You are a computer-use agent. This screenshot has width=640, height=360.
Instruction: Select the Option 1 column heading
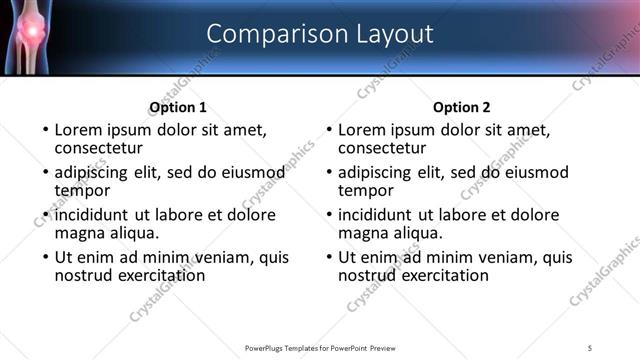click(178, 107)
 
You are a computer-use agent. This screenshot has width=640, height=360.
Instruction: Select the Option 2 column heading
click(461, 107)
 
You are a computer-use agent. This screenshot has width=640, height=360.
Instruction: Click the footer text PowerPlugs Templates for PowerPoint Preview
click(319, 348)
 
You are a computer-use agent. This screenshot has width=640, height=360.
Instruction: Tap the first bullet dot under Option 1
click(44, 130)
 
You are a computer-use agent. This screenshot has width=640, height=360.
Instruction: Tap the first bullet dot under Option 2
click(328, 130)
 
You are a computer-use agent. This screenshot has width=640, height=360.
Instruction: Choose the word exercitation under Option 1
click(159, 275)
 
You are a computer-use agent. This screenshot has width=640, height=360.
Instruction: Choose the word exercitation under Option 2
click(443, 275)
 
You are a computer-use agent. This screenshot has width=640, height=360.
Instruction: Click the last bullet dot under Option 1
click(44, 257)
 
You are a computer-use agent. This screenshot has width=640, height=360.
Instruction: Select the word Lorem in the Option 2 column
click(363, 130)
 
